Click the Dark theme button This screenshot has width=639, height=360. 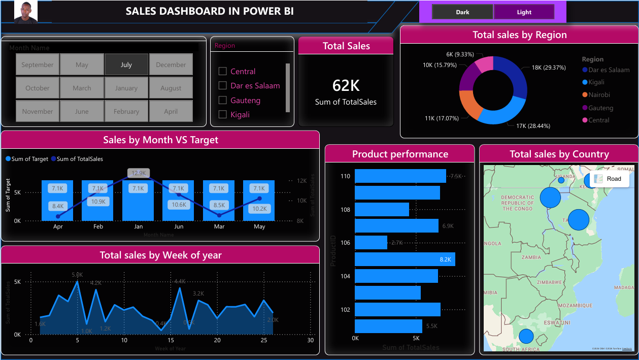462,12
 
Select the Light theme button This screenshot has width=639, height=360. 524,12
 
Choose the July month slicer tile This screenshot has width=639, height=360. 126,64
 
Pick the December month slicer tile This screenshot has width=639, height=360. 171,64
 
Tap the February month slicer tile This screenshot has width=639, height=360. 126,111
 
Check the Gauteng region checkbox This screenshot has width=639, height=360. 222,100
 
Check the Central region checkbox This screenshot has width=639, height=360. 222,71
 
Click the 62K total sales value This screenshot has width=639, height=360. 346,85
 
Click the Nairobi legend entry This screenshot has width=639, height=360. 599,95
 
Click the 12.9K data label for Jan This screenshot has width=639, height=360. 139,173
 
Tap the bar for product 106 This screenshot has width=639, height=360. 371,243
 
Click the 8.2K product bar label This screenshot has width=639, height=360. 445,259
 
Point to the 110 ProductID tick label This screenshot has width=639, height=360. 345,176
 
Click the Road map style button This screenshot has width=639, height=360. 609,179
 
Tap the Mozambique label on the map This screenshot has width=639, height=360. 575,306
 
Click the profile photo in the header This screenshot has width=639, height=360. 25,12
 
